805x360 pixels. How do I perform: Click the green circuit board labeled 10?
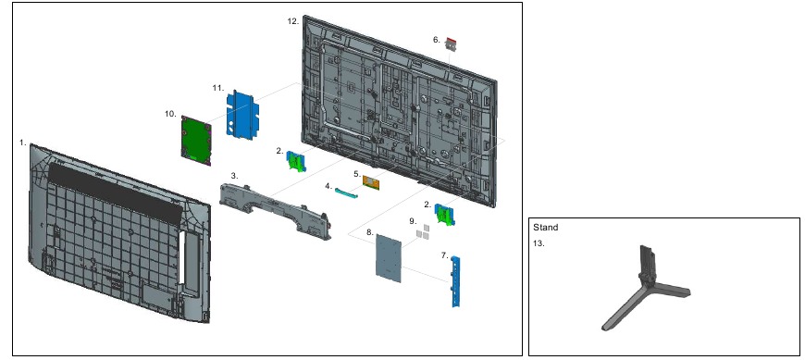(x=196, y=140)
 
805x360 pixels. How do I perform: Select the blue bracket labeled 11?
(x=242, y=115)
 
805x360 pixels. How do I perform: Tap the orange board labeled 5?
(x=371, y=181)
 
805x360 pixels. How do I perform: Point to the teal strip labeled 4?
(x=347, y=193)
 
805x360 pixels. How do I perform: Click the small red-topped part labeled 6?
(x=451, y=43)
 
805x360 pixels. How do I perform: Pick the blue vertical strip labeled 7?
(x=455, y=281)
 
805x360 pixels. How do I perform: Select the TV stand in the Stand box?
(x=647, y=288)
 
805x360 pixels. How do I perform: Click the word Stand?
(x=545, y=227)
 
